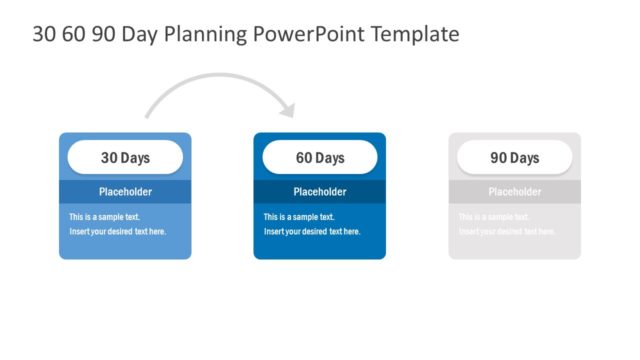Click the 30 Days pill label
click(x=125, y=158)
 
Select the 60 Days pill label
click(x=320, y=158)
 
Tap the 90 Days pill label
click(x=515, y=158)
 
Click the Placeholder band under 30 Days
click(x=125, y=192)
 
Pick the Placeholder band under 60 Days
click(x=320, y=192)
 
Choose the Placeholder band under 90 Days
click(x=515, y=192)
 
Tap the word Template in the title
click(x=415, y=34)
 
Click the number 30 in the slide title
click(x=45, y=34)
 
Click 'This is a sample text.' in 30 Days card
click(x=104, y=217)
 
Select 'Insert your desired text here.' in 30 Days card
click(x=118, y=232)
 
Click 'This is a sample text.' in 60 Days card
click(x=299, y=217)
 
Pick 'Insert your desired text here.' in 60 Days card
click(x=312, y=232)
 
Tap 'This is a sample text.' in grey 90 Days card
click(x=494, y=217)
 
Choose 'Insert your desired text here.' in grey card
click(x=507, y=232)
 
